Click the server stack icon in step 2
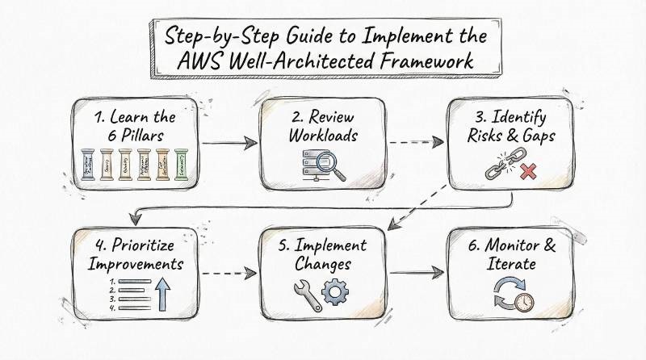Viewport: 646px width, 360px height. click(x=308, y=165)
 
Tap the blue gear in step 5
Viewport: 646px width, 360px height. click(x=333, y=294)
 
